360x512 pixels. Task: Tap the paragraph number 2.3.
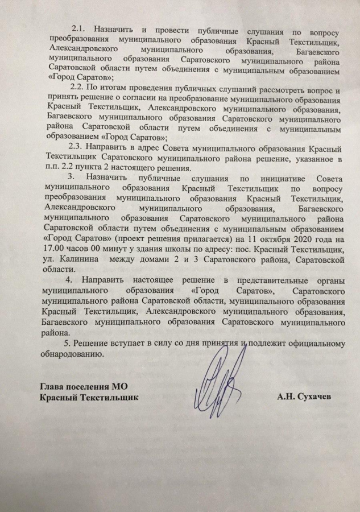pyautogui.click(x=78, y=146)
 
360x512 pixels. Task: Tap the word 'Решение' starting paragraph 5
pyautogui.click(x=92, y=344)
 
